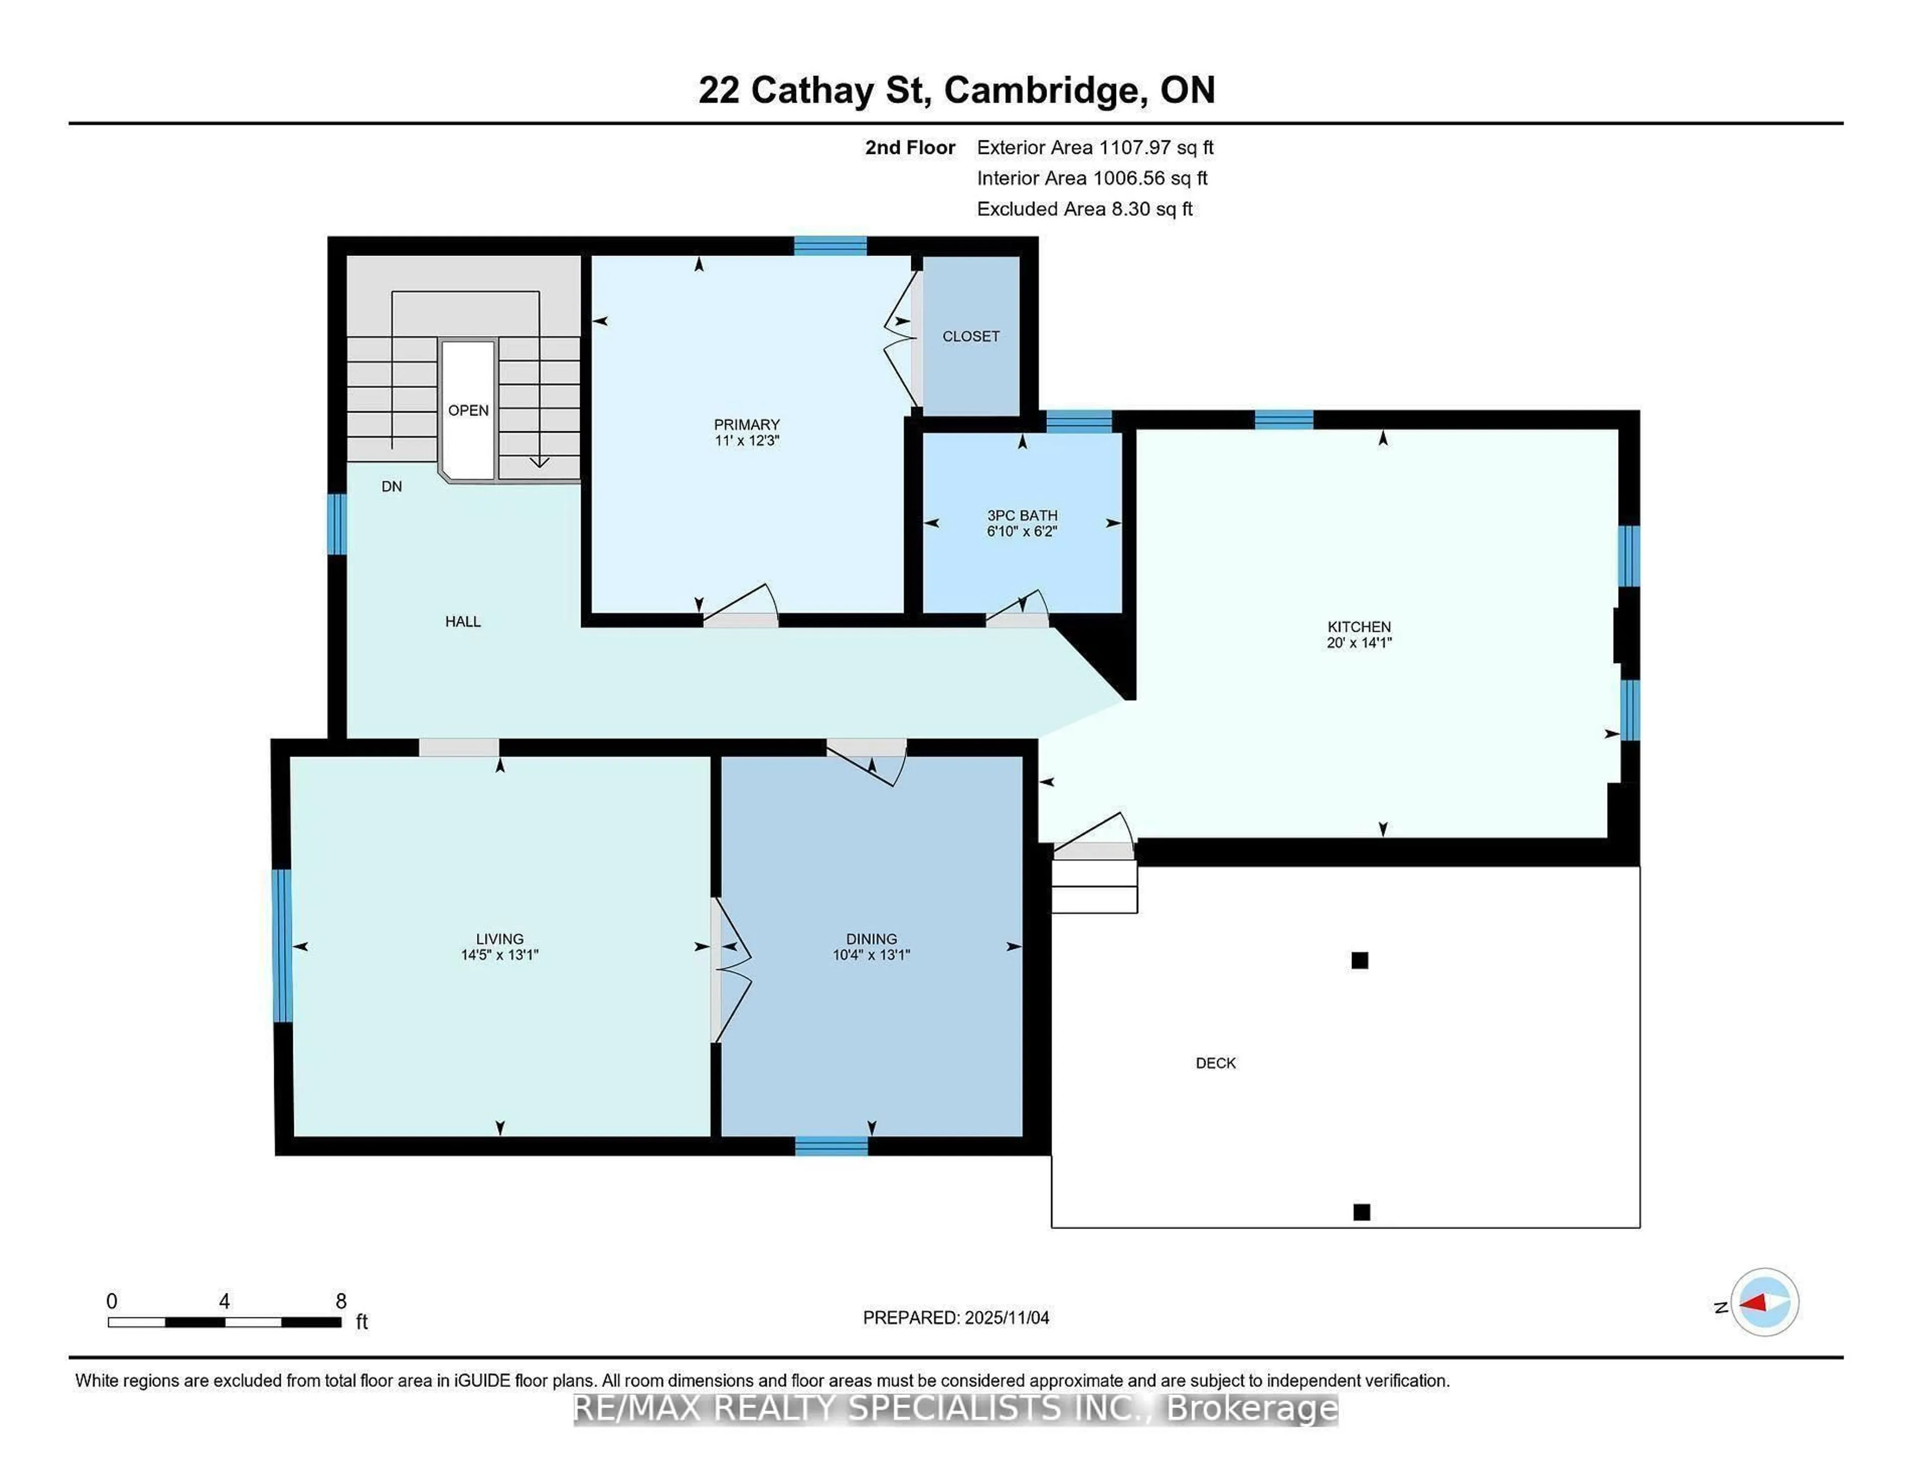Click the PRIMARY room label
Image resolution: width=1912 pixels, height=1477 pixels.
(746, 425)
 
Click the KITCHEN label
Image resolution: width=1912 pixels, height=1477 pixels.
(1359, 627)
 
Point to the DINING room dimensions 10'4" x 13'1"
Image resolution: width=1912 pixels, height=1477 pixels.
(871, 955)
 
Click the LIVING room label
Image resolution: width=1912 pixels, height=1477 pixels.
(499, 938)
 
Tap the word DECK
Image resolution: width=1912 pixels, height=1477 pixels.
(1215, 1063)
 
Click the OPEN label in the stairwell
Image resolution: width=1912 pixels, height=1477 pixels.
(469, 411)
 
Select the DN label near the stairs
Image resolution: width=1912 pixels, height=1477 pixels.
(391, 487)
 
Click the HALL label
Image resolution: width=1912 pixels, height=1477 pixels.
(462, 622)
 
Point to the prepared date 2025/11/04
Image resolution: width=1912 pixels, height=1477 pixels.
(1006, 1318)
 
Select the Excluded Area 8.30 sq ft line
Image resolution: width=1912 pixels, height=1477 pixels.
(1084, 209)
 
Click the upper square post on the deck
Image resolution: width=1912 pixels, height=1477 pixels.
(1359, 960)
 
